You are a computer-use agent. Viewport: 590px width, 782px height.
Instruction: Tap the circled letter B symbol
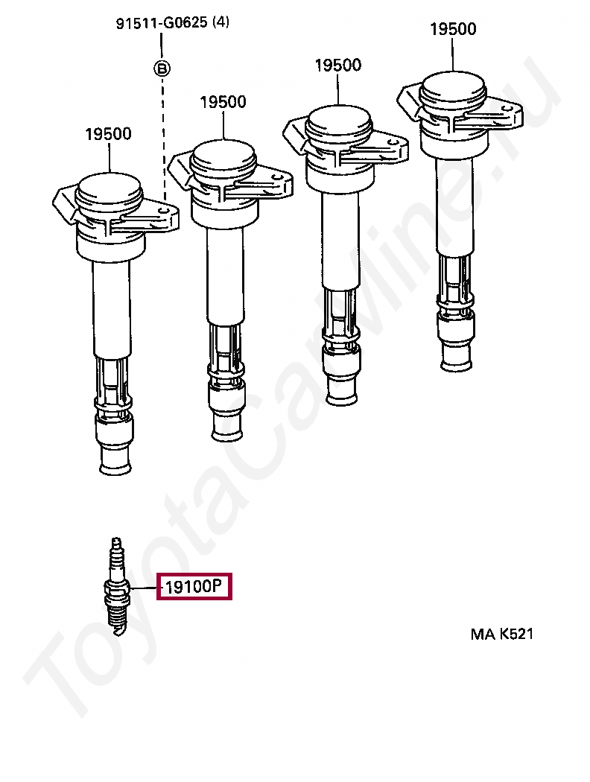162,69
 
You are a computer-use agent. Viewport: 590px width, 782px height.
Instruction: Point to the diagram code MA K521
501,635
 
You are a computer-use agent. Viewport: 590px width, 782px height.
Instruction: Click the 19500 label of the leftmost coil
108,134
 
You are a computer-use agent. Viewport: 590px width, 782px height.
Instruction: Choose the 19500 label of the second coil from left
223,102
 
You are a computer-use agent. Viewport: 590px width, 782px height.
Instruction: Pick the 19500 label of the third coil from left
337,65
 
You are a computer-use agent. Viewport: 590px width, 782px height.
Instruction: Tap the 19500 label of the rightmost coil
453,29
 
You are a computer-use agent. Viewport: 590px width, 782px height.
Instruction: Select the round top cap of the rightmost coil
453,86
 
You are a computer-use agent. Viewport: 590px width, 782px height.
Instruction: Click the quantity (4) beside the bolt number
221,22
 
